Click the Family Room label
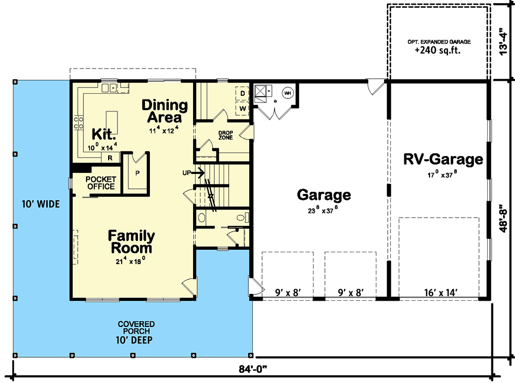[x=131, y=242]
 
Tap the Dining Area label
[x=165, y=111]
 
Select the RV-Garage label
[x=443, y=159]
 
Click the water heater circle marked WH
[x=287, y=93]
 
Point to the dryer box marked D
[x=243, y=94]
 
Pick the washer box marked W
[x=243, y=109]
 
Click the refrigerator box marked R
[x=110, y=158]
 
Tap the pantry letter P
[x=138, y=173]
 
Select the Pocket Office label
[x=101, y=183]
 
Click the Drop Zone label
[x=226, y=135]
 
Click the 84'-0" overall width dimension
[x=252, y=369]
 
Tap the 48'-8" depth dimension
[x=504, y=219]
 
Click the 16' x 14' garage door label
[x=440, y=292]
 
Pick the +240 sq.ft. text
[x=437, y=50]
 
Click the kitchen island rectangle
[x=112, y=123]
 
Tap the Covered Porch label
[x=136, y=327]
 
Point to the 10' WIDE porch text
[x=41, y=204]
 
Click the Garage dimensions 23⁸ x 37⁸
[x=322, y=210]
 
